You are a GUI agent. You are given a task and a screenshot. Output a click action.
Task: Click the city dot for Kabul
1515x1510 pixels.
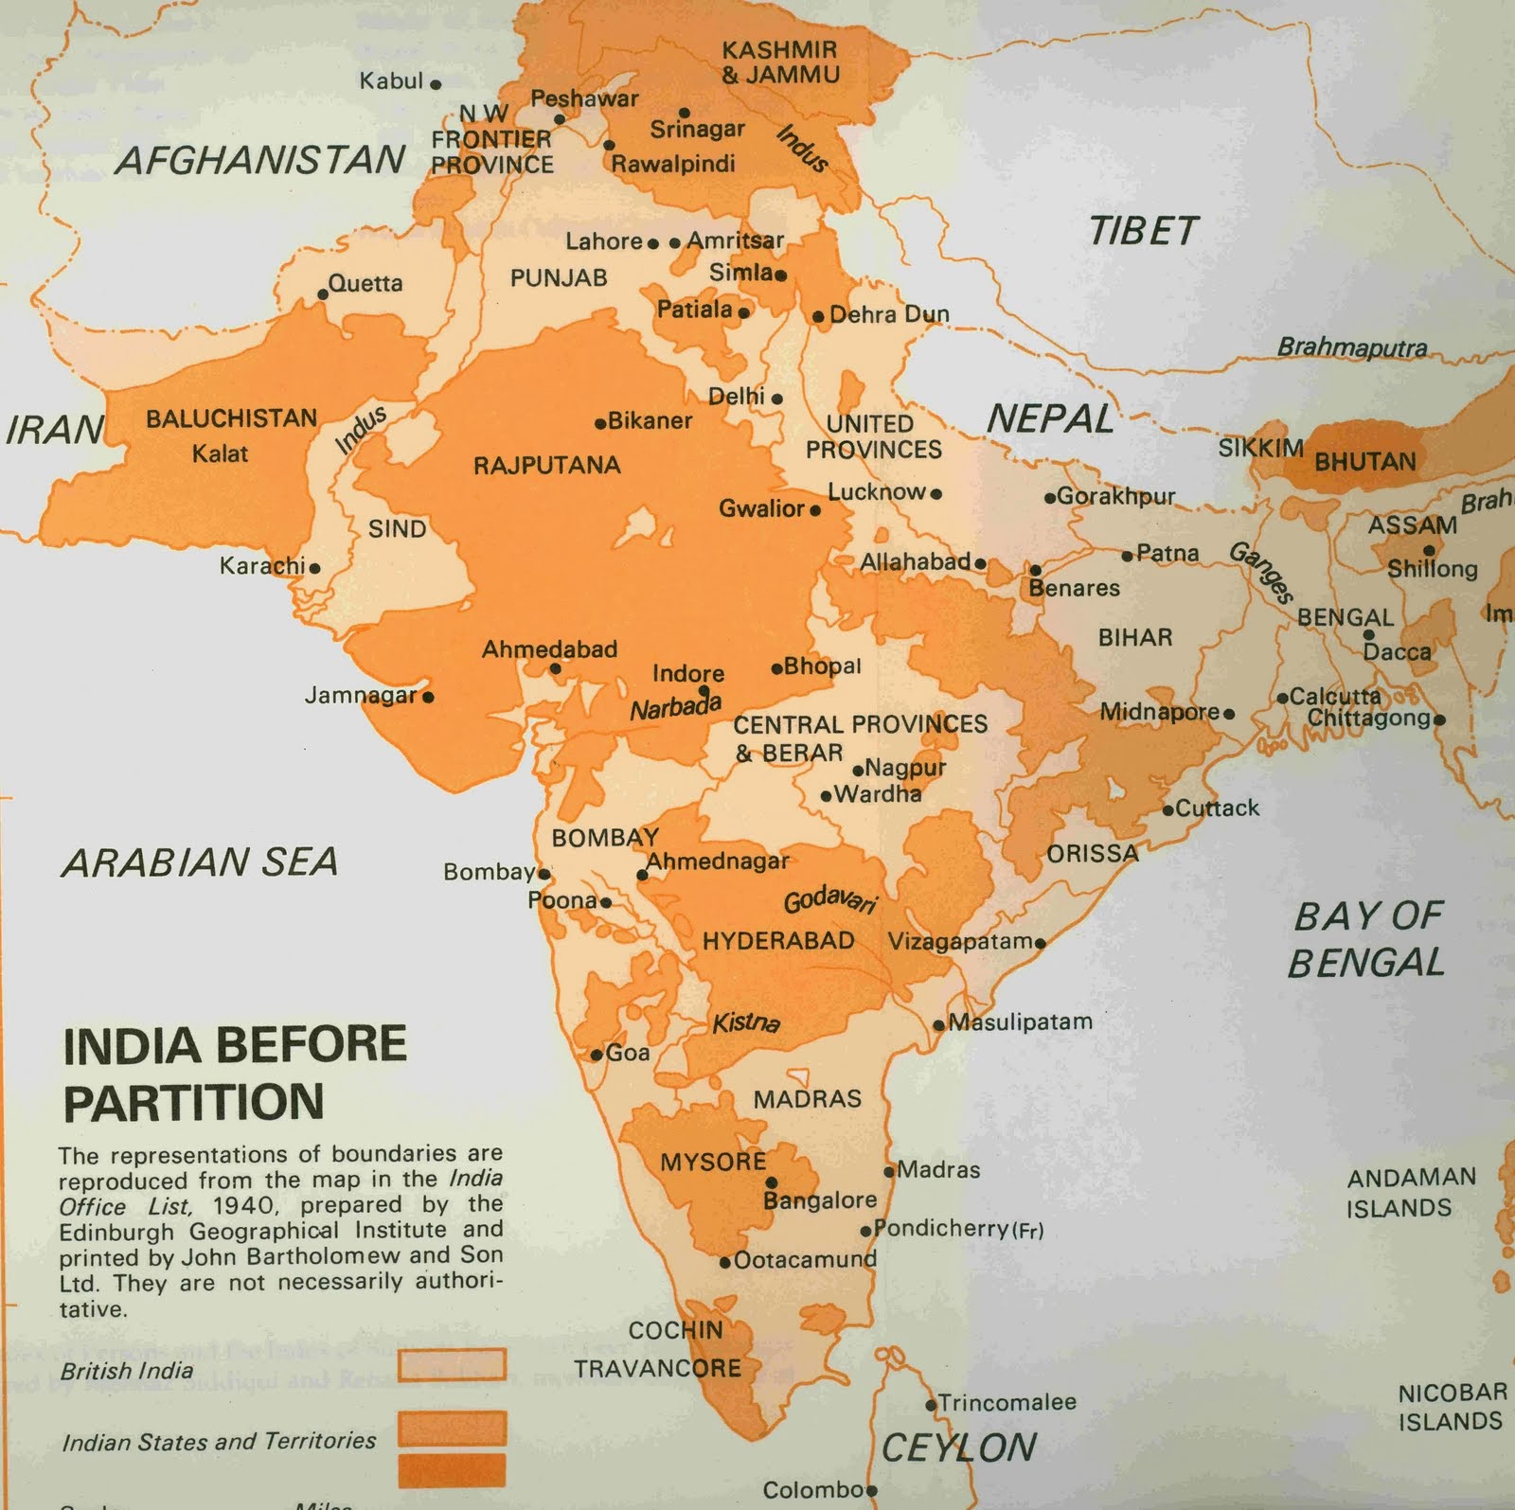pos(436,84)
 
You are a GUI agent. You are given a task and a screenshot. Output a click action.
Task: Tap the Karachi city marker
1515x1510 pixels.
pos(314,569)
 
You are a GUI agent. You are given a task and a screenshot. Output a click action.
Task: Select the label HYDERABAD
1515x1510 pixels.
pos(778,941)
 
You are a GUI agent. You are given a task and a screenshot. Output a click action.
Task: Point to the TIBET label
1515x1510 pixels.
pos(1143,231)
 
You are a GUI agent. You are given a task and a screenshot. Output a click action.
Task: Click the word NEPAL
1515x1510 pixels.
pos(1051,418)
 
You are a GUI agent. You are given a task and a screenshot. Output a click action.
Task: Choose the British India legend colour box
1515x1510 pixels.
pos(452,1364)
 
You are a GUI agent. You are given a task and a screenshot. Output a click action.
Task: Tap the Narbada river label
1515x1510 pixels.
pos(676,706)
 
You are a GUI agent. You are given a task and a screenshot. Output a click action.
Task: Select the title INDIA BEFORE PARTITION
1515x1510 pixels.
pos(235,1074)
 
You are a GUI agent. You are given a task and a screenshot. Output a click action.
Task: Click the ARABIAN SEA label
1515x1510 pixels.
pos(200,862)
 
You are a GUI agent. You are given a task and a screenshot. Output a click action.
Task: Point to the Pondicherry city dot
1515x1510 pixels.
pos(865,1232)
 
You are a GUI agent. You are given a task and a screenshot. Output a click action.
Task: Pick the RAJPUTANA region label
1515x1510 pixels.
pos(547,465)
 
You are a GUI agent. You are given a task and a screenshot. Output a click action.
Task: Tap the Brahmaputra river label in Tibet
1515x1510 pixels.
pos(1352,347)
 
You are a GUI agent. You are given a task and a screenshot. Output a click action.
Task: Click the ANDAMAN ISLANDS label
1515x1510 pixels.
pos(1412,1193)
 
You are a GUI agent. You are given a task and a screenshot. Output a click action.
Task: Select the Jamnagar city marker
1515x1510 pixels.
pos(428,698)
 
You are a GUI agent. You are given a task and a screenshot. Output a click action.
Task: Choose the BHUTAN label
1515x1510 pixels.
pos(1364,462)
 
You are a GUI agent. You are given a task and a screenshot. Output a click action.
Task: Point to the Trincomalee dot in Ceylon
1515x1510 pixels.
pos(931,1404)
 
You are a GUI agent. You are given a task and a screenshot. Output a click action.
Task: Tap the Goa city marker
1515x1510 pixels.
pos(597,1055)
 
